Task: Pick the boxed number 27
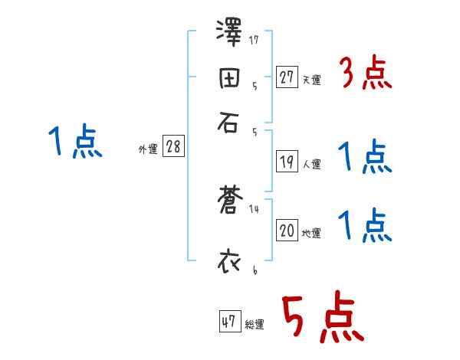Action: (x=287, y=77)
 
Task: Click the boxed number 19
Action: (x=287, y=162)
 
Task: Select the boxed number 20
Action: (x=287, y=231)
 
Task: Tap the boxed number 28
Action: (x=173, y=147)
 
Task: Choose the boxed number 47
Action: (x=228, y=322)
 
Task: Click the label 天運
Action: (x=311, y=80)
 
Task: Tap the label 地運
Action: (x=311, y=234)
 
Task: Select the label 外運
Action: (x=148, y=150)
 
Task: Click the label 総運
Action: (x=255, y=325)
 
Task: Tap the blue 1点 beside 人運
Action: (x=365, y=159)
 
